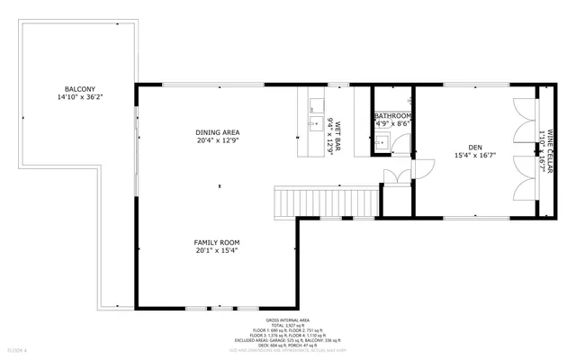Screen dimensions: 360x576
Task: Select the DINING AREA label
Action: [218, 132]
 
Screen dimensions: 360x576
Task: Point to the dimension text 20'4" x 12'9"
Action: [218, 140]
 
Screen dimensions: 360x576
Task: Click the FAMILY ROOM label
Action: [217, 242]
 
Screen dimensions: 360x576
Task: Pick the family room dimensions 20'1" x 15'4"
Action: [217, 250]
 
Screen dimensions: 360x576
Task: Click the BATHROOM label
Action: [393, 116]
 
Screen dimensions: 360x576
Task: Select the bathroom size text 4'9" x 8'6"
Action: [393, 124]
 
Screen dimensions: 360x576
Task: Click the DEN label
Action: [474, 148]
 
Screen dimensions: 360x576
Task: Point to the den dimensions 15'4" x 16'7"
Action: [474, 156]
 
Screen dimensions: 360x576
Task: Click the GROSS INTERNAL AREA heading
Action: [287, 319]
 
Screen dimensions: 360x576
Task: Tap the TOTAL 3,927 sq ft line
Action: [287, 325]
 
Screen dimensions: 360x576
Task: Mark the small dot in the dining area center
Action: [218, 186]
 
